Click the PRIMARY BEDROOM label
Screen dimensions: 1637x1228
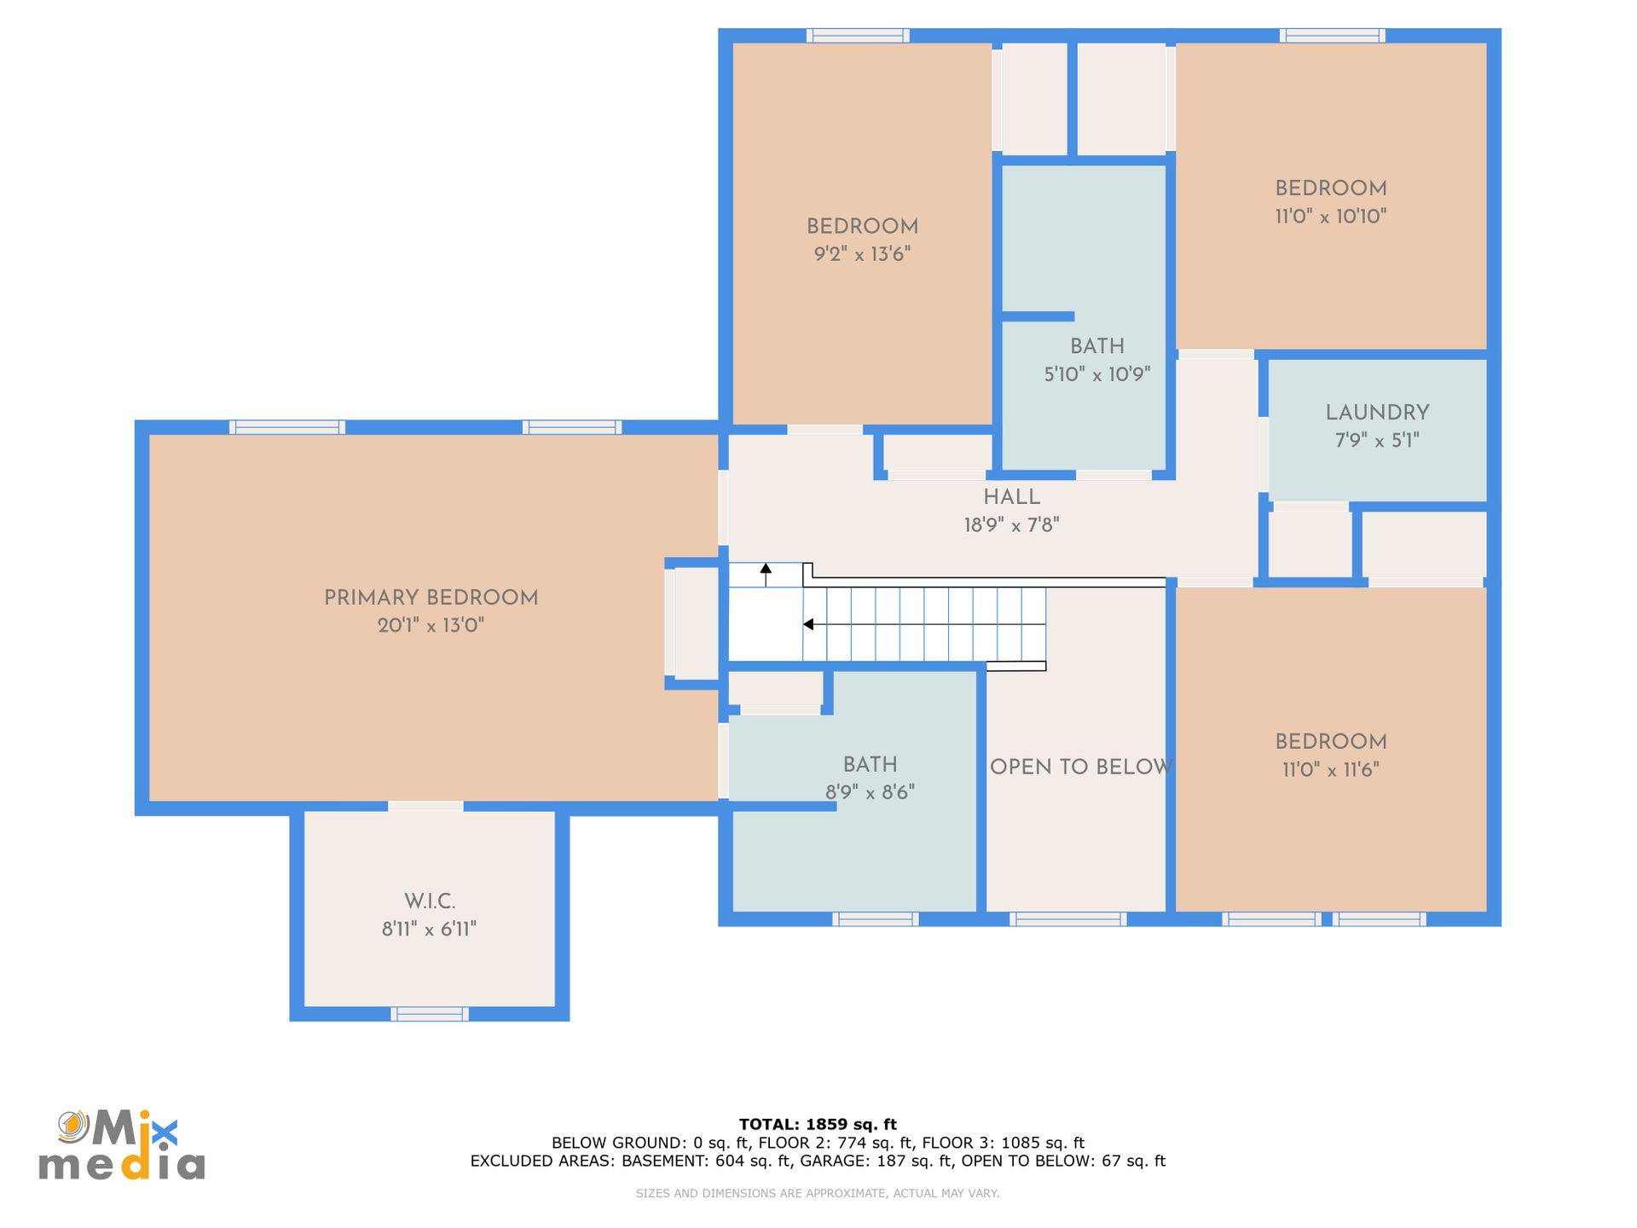[431, 597]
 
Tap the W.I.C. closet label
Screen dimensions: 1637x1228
[430, 901]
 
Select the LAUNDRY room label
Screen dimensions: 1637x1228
[1377, 412]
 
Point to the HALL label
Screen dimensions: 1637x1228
[1011, 496]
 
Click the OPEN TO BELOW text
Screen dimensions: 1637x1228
[1080, 767]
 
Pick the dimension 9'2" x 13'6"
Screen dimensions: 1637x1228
[862, 253]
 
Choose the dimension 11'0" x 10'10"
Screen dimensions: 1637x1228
[1330, 216]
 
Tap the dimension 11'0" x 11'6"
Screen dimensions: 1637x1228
[1330, 769]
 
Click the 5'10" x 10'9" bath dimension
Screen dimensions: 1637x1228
[1096, 374]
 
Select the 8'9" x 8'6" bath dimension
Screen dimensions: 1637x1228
[870, 791]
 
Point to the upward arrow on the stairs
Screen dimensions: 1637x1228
[766, 574]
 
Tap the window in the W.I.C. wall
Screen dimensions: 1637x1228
[429, 1014]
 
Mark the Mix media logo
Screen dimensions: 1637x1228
[122, 1145]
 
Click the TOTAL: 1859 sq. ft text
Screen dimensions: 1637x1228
[818, 1124]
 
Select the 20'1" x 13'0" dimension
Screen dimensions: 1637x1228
[431, 625]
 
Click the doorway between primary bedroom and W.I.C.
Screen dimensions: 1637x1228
[425, 807]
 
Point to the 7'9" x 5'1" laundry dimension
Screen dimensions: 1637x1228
[1377, 440]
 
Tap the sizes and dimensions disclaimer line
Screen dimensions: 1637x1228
[818, 1193]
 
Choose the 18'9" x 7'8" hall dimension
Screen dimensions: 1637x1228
[1011, 524]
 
